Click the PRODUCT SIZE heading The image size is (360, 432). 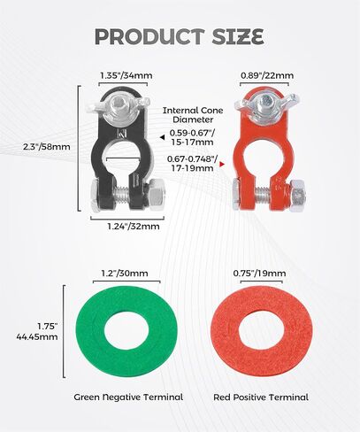[180, 36]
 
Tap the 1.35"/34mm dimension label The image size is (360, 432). [126, 75]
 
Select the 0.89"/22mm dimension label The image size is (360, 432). [267, 75]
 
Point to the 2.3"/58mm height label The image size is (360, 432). [47, 147]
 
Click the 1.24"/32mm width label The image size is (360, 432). [134, 227]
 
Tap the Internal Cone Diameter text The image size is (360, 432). [193, 115]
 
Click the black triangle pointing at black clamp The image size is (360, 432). [162, 137]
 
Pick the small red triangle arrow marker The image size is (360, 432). [222, 165]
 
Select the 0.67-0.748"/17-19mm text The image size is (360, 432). [192, 164]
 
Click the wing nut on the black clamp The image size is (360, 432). [118, 105]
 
